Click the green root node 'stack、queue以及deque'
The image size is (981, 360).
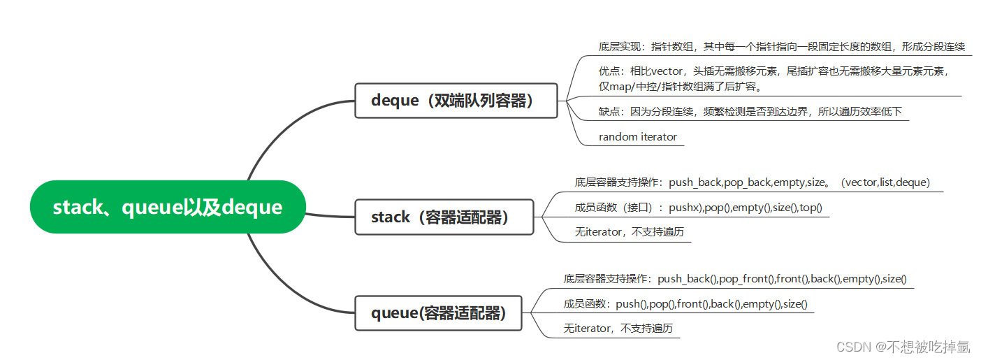(168, 207)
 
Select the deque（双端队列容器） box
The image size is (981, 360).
(456, 101)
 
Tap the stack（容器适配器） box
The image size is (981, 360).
(444, 217)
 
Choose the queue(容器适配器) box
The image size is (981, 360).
(439, 312)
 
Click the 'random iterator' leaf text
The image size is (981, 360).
(637, 137)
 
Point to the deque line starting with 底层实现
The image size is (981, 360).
(781, 47)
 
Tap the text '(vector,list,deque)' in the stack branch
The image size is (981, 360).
(886, 182)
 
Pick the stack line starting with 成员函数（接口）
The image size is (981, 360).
(698, 208)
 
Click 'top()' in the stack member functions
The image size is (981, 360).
(811, 208)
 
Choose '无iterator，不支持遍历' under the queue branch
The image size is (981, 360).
(618, 328)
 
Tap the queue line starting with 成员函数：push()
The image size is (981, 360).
(685, 303)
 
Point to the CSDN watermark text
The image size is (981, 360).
(903, 346)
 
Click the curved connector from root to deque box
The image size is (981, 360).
(279, 133)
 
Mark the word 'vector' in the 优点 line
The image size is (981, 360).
(667, 71)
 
